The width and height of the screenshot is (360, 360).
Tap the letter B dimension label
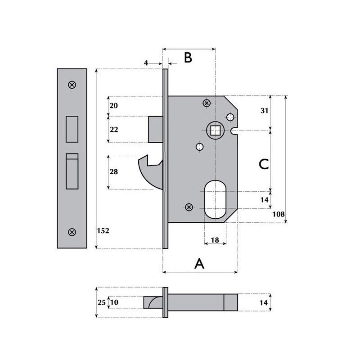[188, 58]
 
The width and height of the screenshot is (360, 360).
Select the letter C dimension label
[264, 164]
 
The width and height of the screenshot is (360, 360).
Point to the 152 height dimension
[103, 230]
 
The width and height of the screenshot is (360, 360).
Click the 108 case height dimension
[278, 214]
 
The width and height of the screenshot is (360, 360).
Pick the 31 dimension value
[265, 111]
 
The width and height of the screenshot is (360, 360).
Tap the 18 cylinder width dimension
[215, 240]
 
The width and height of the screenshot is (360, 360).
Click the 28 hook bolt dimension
[114, 172]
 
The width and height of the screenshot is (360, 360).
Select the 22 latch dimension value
[114, 130]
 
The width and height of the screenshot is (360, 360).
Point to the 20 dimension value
[114, 106]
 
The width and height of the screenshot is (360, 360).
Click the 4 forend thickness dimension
[146, 63]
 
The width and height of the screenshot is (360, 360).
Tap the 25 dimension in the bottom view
[102, 302]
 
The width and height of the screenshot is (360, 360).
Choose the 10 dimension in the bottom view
[114, 302]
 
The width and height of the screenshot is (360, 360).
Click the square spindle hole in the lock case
[215, 130]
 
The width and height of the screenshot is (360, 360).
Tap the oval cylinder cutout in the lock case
[215, 199]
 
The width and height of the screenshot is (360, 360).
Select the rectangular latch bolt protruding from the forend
[155, 130]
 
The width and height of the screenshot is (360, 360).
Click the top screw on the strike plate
[72, 85]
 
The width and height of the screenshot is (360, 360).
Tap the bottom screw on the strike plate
[72, 232]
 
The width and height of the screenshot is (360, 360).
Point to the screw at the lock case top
[207, 103]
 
